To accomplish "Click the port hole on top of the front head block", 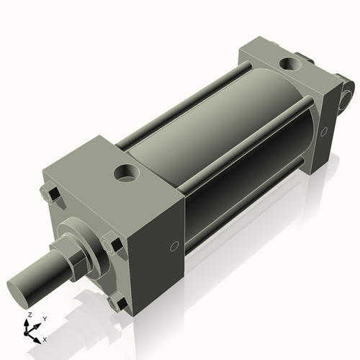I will coord(127,173).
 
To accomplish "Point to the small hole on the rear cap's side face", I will coord(325,131).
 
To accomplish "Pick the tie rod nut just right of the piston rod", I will coord(112,246).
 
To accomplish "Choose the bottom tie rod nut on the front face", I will coord(114,303).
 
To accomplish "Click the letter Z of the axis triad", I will coord(29,315).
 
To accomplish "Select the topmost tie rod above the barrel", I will coord(187,101).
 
